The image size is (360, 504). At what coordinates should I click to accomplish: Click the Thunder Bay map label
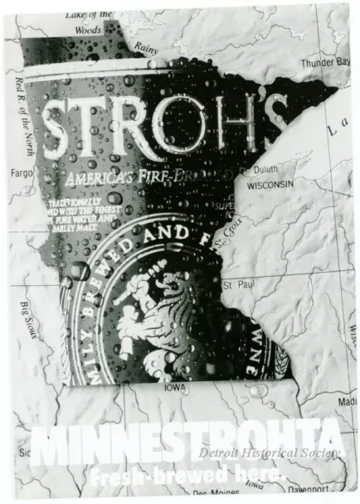pyautogui.click(x=324, y=62)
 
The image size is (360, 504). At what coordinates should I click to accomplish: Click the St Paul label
pyautogui.click(x=238, y=285)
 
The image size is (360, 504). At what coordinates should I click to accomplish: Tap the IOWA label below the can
pyautogui.click(x=175, y=387)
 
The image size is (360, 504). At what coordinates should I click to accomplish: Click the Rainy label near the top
pyautogui.click(x=146, y=49)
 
